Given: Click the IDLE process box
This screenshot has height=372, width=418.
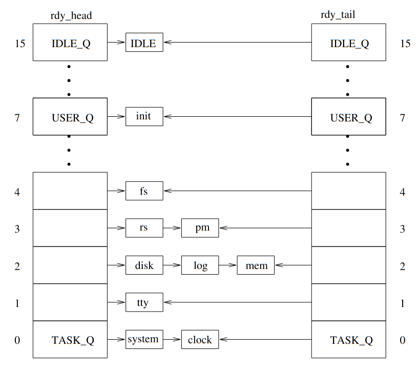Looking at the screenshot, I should [144, 43].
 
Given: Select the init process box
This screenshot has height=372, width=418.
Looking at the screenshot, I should [144, 117].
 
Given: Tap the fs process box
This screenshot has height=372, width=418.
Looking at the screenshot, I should [144, 191].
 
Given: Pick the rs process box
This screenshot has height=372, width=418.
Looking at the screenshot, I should [144, 228].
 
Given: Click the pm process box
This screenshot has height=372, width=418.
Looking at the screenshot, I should [200, 228].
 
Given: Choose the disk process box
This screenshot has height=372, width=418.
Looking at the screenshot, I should [144, 265].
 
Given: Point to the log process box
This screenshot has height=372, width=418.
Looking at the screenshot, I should [200, 265].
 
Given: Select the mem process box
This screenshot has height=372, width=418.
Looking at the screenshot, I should [256, 265].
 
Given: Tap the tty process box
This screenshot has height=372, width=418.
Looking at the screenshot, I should [144, 302].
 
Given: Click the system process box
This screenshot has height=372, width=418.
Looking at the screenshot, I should [144, 339].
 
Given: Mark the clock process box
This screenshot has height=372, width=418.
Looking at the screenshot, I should [200, 339].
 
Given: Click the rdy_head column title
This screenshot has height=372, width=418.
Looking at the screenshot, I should [70, 15].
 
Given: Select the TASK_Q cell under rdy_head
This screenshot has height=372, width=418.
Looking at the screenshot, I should [70, 339].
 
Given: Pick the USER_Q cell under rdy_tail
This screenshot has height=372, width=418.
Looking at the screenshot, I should [349, 117].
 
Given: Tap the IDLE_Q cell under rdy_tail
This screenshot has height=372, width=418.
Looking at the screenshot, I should [349, 43].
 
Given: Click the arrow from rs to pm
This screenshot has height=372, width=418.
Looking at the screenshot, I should [172, 228].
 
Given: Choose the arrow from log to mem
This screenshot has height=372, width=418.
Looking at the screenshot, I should [228, 265].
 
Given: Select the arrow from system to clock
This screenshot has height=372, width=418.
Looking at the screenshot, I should [172, 339].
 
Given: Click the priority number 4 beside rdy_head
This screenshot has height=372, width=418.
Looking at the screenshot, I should [17, 191].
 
